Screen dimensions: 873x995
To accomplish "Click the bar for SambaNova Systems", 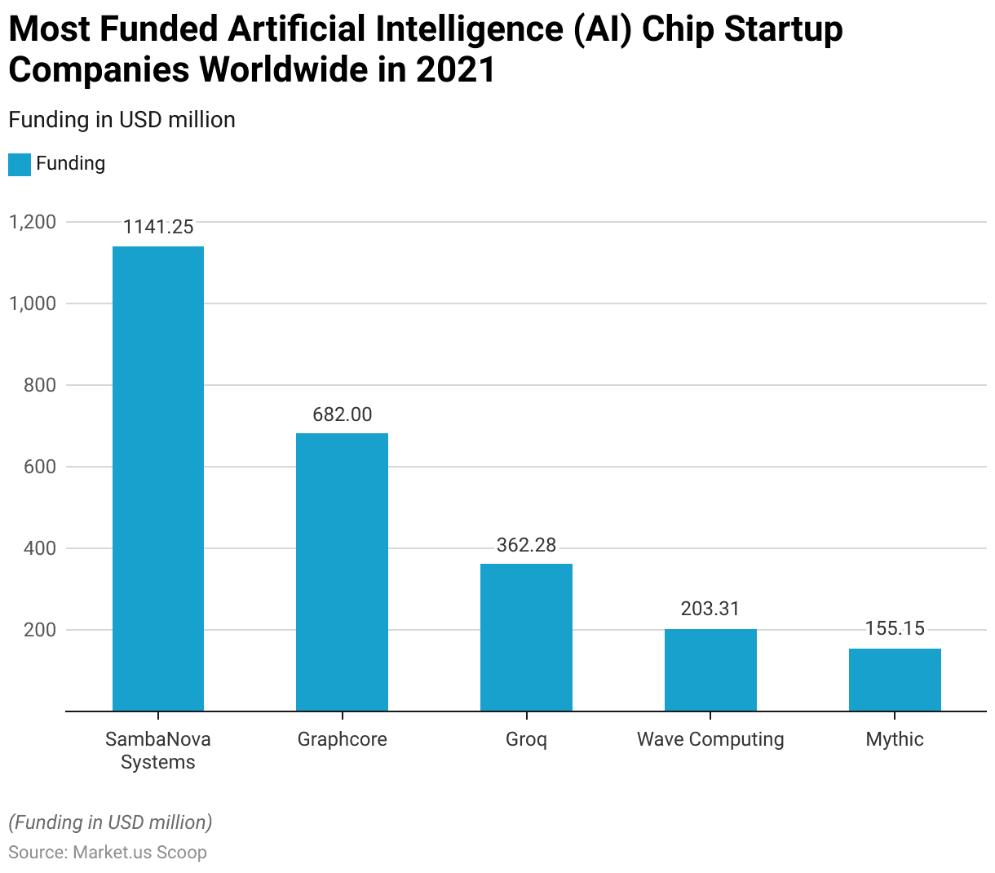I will [158, 478].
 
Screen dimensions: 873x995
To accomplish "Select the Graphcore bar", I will [342, 572].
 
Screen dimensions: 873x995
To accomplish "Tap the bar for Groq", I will [526, 637].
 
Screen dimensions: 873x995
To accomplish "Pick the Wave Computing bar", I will [710, 670].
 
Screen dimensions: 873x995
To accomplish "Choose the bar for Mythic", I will [895, 680].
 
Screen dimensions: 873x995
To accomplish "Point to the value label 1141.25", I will [158, 227].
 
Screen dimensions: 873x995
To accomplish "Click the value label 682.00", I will [342, 414].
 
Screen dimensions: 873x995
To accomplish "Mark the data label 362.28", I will [526, 545].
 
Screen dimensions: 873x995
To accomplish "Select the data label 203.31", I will [710, 609].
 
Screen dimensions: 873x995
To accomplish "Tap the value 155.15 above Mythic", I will [895, 628].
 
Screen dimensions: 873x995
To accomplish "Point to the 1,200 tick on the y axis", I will [33, 222].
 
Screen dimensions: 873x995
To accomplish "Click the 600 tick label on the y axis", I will [40, 467].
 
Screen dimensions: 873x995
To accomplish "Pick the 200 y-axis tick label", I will [40, 630].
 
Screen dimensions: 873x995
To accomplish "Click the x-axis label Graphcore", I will [342, 739].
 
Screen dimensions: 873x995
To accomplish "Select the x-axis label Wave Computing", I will [710, 739].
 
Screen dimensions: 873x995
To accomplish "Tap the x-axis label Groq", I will [526, 739].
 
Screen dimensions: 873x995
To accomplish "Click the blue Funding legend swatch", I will [20, 164].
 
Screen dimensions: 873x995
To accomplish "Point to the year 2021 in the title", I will [455, 69].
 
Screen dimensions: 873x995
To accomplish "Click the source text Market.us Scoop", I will [139, 852].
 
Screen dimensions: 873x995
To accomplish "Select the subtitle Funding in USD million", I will [122, 119].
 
